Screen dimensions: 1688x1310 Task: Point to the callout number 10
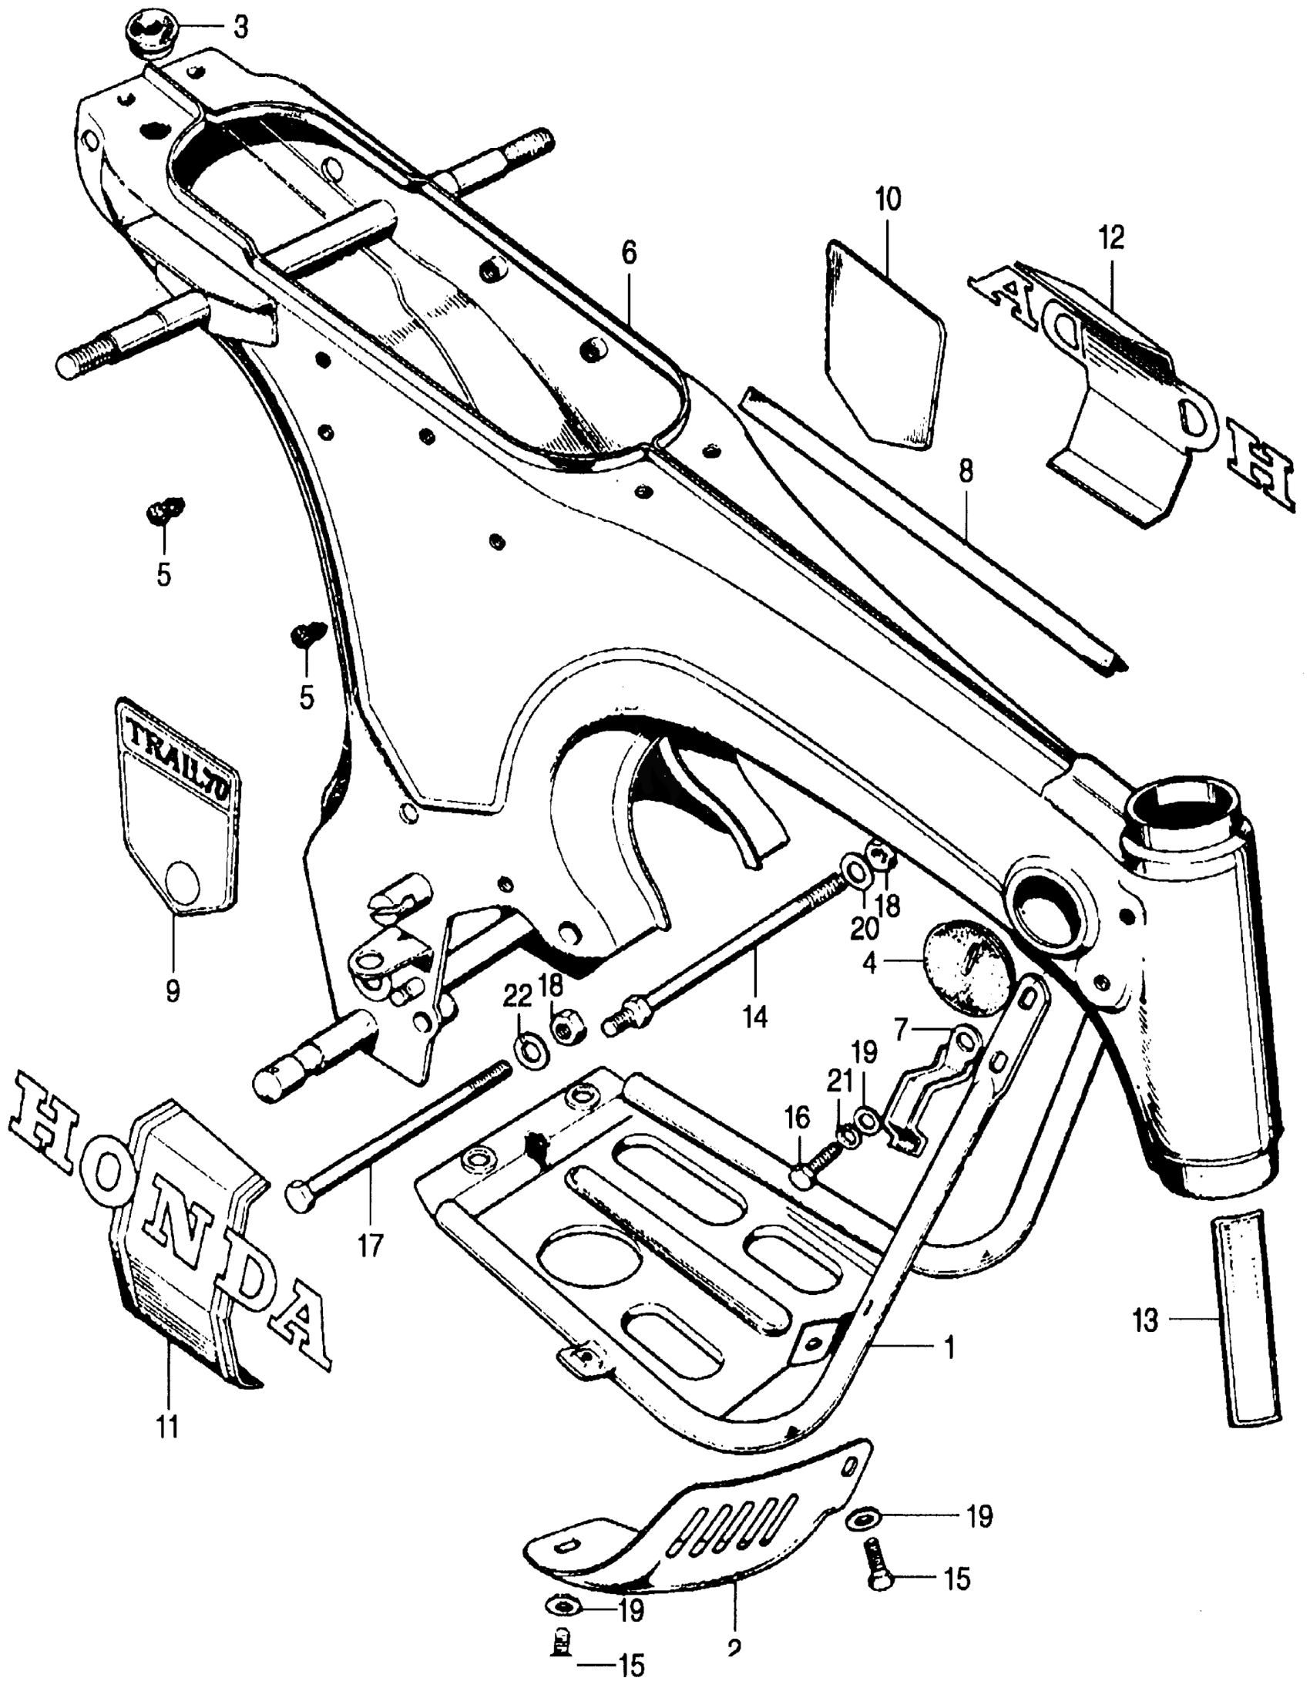point(888,200)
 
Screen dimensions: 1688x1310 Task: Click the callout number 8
point(967,472)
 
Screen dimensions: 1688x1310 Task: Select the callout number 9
point(173,990)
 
